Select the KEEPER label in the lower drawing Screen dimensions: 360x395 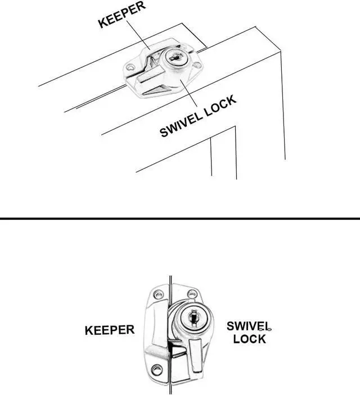pyautogui.click(x=110, y=330)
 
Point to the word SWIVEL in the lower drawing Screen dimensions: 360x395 pyautogui.click(x=248, y=326)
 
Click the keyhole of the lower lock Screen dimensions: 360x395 pyautogui.click(x=192, y=318)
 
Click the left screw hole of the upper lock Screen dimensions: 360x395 pyautogui.click(x=132, y=70)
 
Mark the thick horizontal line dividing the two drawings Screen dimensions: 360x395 pyautogui.click(x=180, y=218)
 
